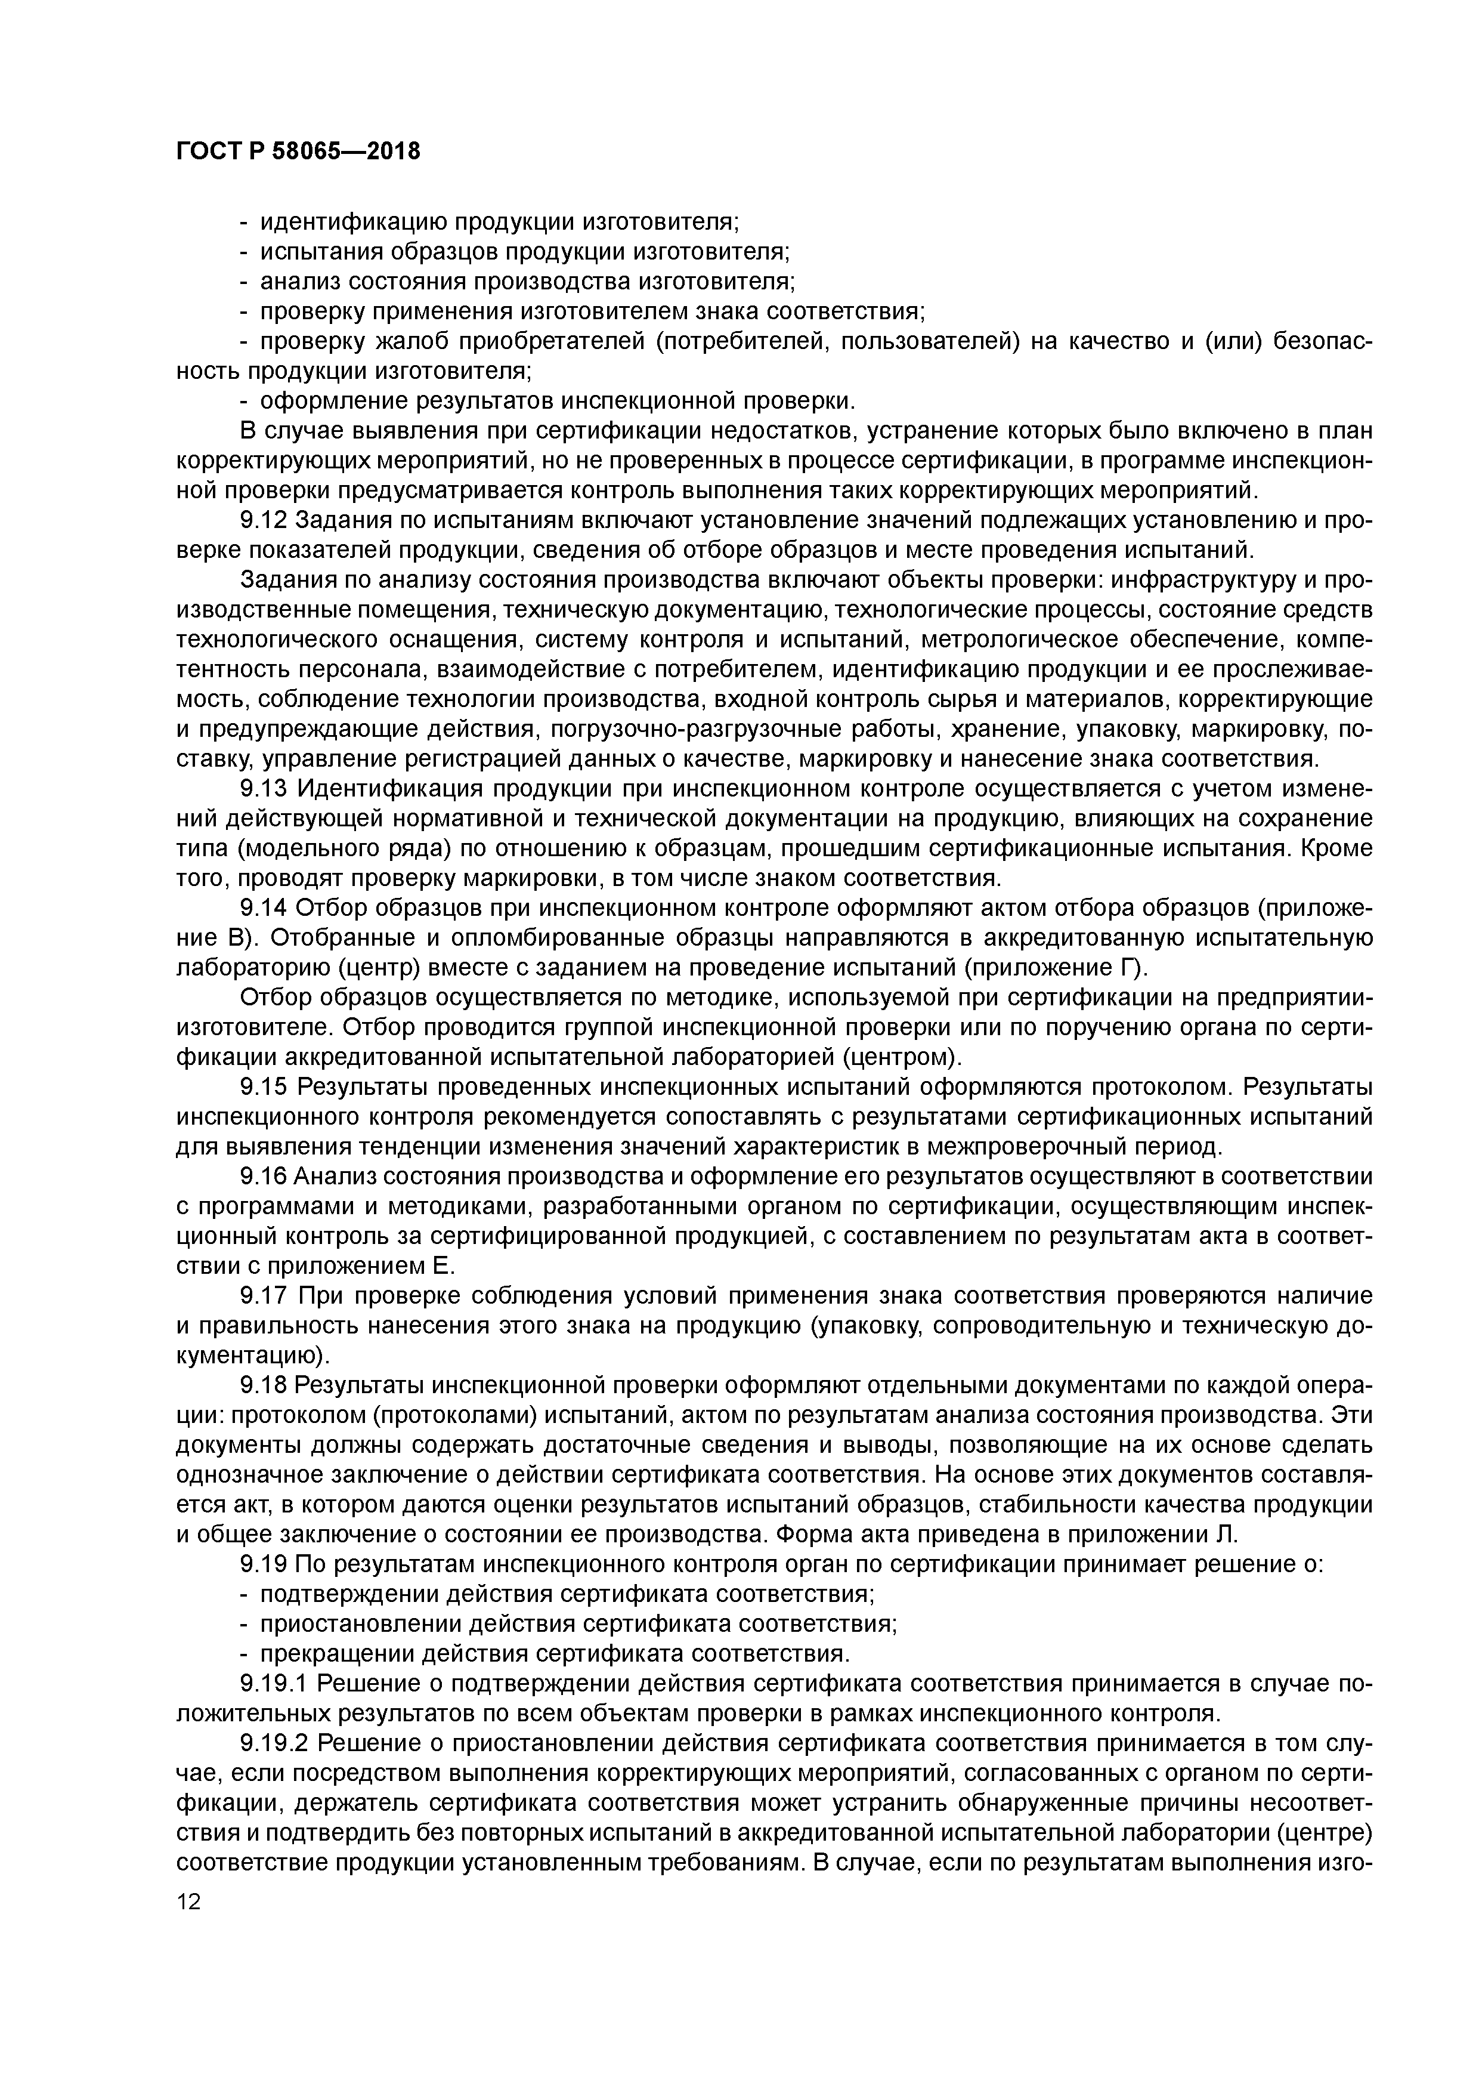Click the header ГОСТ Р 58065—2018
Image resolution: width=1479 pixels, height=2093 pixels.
point(298,150)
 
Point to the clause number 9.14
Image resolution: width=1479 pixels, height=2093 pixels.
point(264,909)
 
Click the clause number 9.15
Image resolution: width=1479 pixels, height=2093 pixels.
point(264,1088)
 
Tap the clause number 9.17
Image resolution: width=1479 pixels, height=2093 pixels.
point(264,1296)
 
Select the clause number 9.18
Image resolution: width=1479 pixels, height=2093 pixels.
point(264,1385)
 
